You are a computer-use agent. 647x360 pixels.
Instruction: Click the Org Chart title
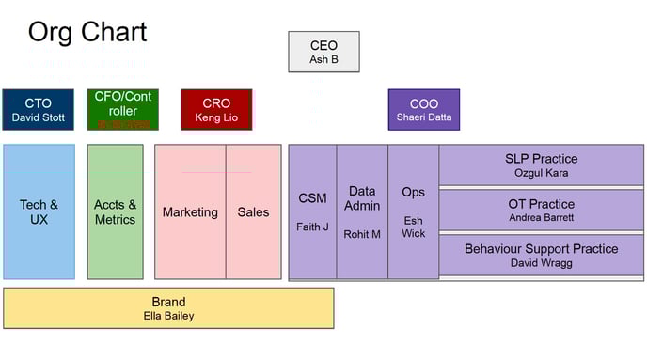[87, 32]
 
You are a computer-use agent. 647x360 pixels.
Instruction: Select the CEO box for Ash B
[323, 52]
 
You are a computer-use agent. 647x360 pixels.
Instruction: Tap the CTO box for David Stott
[38, 110]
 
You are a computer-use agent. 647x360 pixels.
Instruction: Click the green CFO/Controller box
[122, 109]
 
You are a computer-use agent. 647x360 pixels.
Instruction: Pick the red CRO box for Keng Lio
[216, 110]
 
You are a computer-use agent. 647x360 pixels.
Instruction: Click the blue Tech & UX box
[39, 211]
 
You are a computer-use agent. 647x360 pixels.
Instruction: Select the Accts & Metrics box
[115, 211]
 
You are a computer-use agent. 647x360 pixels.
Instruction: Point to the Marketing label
[190, 212]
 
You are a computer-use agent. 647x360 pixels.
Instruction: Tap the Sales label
[253, 212]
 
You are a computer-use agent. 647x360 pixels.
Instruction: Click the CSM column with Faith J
[312, 211]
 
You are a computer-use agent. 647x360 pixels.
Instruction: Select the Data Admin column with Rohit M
[362, 211]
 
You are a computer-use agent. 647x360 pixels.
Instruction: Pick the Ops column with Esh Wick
[413, 211]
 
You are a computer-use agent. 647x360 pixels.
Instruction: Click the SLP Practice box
[541, 165]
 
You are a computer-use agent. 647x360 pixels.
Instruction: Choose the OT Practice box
[541, 210]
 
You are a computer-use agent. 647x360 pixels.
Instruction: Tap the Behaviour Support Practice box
[541, 255]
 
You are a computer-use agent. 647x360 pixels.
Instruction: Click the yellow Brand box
[168, 307]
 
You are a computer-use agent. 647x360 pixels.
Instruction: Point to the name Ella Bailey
[168, 316]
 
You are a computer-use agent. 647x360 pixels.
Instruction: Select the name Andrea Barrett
[541, 217]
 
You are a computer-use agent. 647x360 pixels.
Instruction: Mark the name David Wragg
[541, 263]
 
